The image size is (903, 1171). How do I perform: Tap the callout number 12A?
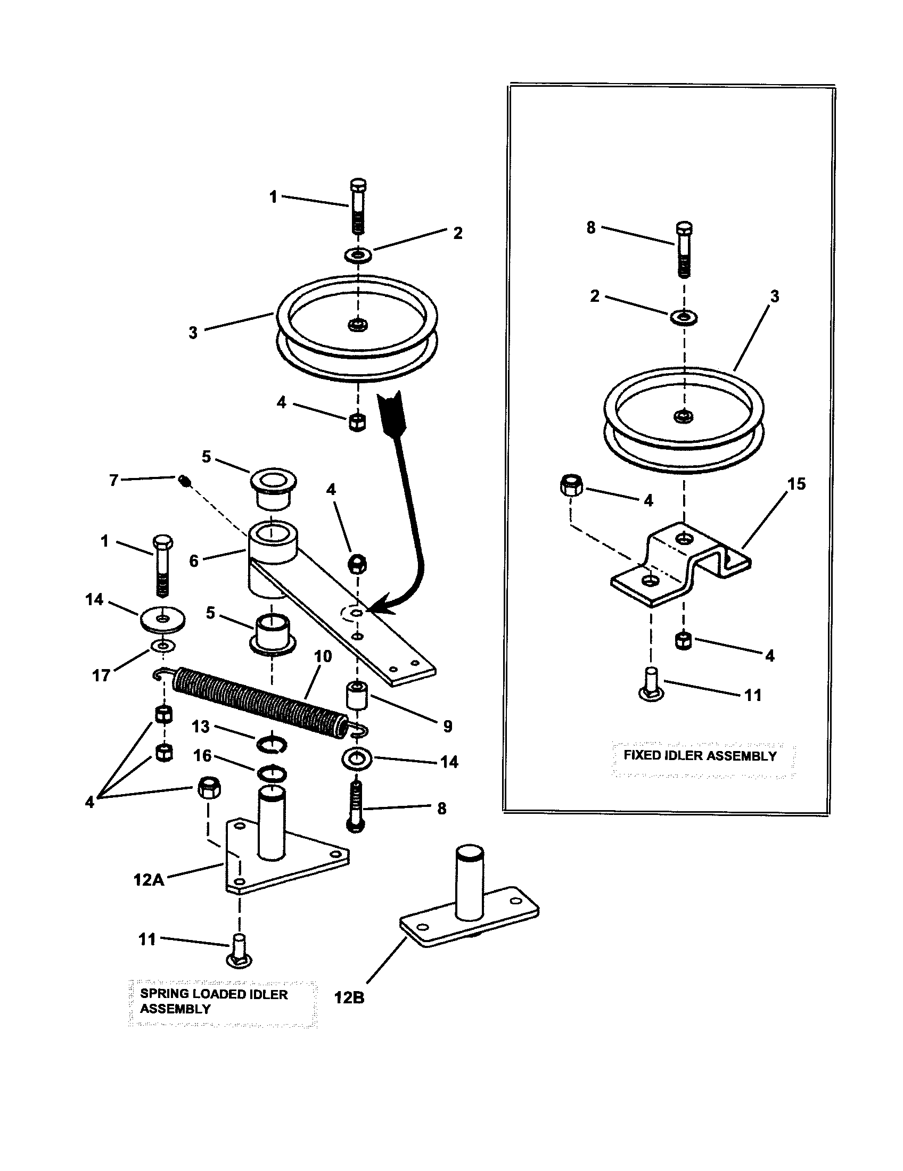coord(149,880)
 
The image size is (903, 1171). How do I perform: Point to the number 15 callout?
coord(797,484)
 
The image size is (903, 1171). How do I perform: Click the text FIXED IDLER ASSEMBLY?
coord(700,756)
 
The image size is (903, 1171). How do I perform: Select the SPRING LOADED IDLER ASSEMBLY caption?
coord(214,1001)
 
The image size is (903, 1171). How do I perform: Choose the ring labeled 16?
coord(272,774)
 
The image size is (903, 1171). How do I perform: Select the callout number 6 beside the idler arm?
coord(194,561)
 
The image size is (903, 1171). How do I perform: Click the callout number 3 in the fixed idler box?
coord(775,296)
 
